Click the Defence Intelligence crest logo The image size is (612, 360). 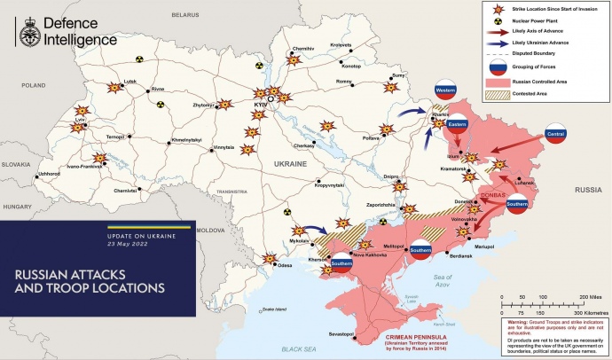pos(27,34)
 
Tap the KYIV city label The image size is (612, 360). pos(261,104)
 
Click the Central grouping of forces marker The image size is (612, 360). pos(556,136)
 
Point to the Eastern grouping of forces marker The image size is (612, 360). pos(458,125)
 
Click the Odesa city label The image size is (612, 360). pos(285,265)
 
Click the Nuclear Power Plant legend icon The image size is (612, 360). pos(498,19)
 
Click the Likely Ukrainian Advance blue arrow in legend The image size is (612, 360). pos(497,43)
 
